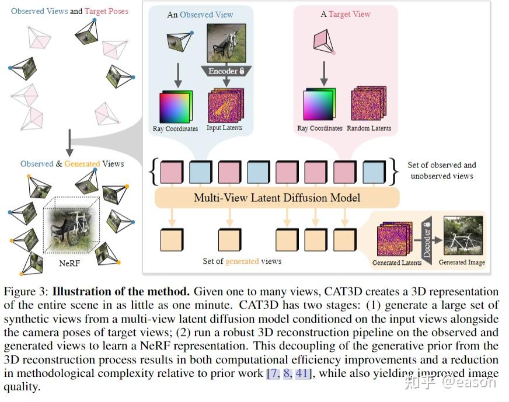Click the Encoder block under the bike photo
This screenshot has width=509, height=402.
(226, 71)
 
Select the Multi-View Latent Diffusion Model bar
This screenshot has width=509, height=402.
(277, 198)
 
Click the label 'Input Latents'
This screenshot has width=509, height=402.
(224, 128)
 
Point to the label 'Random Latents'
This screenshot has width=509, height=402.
(369, 128)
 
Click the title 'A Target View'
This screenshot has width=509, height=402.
(345, 14)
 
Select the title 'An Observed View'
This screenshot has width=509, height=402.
(199, 14)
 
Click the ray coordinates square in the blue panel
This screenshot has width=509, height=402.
(175, 107)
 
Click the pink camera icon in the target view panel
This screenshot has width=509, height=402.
(323, 42)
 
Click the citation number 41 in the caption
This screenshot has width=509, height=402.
(302, 373)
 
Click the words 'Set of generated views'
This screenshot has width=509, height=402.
(242, 261)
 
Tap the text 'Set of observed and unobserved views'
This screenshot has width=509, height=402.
(442, 170)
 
